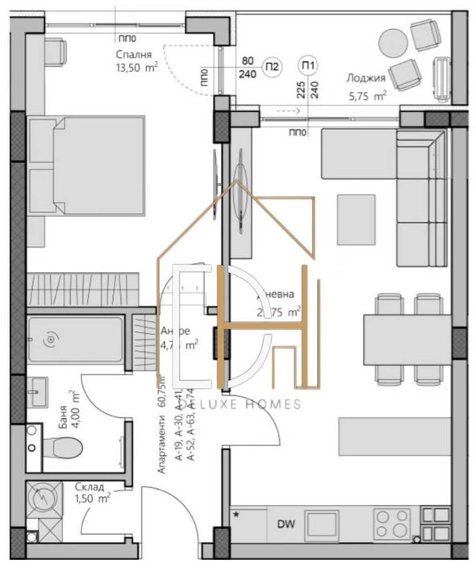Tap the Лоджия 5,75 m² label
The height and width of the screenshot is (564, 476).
(x=365, y=86)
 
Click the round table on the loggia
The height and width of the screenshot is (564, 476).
(x=395, y=42)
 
